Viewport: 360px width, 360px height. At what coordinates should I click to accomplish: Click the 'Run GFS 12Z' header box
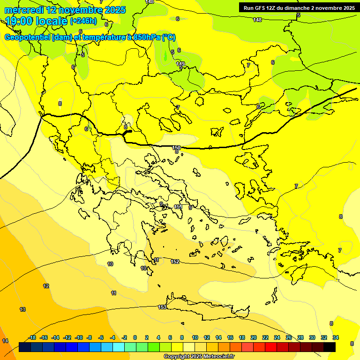tap(299, 7)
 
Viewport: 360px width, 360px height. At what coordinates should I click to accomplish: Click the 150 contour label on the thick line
tap(176, 148)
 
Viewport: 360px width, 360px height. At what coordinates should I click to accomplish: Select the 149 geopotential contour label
tap(180, 64)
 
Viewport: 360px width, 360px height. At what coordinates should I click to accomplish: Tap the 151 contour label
tap(178, 207)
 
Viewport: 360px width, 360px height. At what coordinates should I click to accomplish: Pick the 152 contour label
tap(175, 262)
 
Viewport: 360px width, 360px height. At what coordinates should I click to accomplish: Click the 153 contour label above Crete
tap(162, 307)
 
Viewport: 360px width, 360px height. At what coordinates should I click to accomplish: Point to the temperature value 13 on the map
tap(22, 309)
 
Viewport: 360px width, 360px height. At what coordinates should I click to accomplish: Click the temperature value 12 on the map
tap(46, 286)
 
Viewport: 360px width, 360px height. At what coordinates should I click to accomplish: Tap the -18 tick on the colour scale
tap(32, 337)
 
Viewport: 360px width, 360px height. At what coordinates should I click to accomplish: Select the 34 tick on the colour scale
tap(336, 337)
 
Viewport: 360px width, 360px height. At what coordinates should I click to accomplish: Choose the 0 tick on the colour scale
tap(135, 337)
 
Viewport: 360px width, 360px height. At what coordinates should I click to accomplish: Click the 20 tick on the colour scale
tap(253, 337)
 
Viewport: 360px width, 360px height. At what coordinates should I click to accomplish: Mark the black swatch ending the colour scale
tap(330, 347)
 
